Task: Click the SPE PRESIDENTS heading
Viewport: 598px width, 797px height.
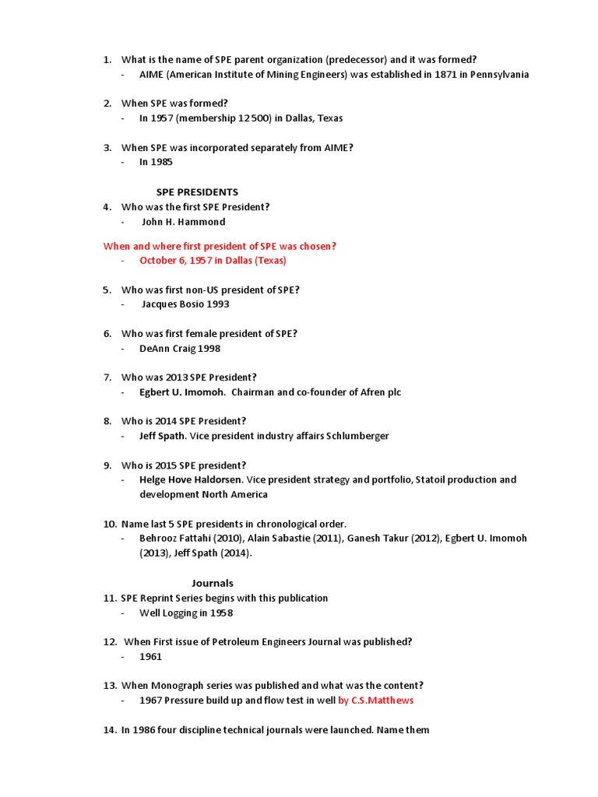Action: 197,192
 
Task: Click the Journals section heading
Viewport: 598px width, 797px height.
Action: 213,583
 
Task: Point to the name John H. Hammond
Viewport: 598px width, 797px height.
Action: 183,222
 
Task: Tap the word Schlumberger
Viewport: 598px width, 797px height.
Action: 351,436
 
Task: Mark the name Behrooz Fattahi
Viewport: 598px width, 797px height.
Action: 173,539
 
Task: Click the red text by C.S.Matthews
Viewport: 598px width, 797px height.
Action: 376,700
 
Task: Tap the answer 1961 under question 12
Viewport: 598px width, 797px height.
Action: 151,657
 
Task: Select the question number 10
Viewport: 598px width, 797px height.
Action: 110,524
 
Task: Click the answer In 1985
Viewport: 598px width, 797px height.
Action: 156,163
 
